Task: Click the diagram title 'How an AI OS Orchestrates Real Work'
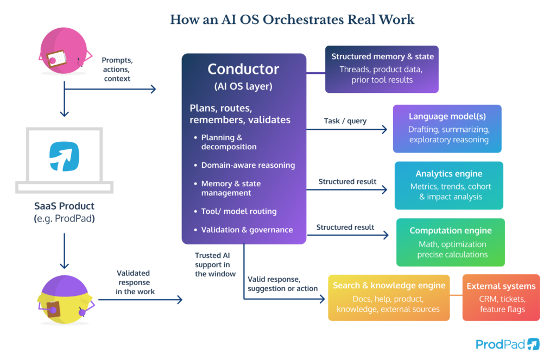tap(292, 20)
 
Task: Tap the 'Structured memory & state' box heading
tap(382, 56)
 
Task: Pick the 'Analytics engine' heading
tap(448, 174)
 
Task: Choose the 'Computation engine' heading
tap(450, 231)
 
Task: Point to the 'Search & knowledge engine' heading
tap(389, 286)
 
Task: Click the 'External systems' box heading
tap(501, 286)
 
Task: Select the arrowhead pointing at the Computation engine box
tap(387, 235)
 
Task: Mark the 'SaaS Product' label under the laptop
tap(64, 206)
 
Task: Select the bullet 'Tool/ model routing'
tap(239, 211)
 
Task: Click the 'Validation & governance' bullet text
tap(247, 230)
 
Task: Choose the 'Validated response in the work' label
tap(135, 282)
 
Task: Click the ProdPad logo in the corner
tap(507, 344)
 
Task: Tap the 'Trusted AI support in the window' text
tap(215, 264)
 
